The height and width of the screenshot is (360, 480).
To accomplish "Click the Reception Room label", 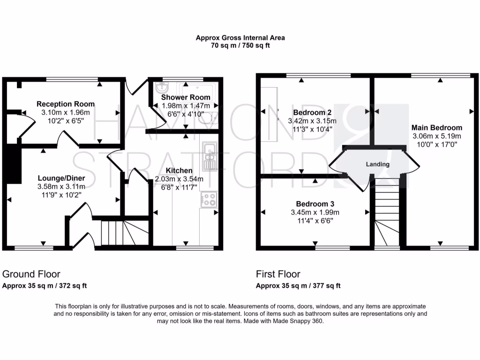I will click(x=66, y=104).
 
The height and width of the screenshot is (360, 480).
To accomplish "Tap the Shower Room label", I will click(x=186, y=97).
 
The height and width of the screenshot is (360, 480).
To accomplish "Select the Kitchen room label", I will click(x=179, y=171).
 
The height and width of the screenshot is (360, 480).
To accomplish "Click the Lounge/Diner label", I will click(x=61, y=178).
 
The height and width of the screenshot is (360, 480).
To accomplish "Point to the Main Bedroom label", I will click(x=436, y=127).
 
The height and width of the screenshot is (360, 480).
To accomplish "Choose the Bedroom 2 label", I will click(x=309, y=112).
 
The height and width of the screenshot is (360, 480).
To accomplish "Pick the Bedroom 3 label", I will click(x=315, y=204).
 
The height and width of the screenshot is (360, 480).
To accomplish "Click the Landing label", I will click(x=378, y=164).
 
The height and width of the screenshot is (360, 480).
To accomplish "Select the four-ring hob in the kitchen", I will click(x=209, y=200).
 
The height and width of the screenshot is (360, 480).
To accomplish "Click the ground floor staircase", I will click(x=125, y=233).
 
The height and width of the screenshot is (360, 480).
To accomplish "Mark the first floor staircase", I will click(x=387, y=211).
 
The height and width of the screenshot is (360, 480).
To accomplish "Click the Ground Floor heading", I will click(x=31, y=274).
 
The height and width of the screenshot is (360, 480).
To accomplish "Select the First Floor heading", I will click(x=278, y=274).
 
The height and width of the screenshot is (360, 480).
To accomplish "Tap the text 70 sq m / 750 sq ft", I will click(x=240, y=46).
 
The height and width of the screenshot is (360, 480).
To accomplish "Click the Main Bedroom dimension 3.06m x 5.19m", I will click(x=436, y=136).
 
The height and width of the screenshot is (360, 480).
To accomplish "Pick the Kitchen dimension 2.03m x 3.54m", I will click(x=179, y=179).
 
